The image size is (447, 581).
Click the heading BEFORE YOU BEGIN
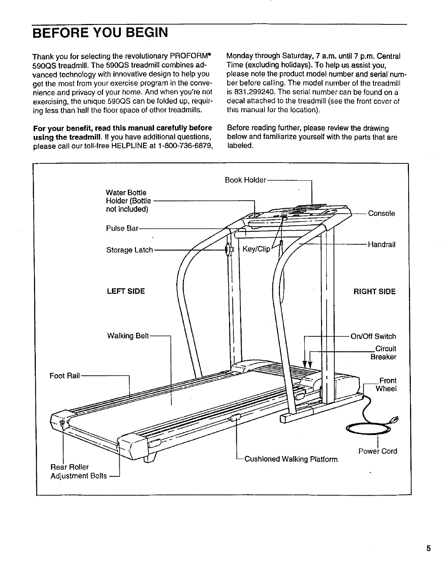pyautogui.click(x=100, y=33)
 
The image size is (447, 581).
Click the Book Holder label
pyautogui.click(x=245, y=180)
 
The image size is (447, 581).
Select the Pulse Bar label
pyautogui.click(x=122, y=228)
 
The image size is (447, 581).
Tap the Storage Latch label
pyautogui.click(x=129, y=250)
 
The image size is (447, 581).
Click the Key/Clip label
pyautogui.click(x=256, y=249)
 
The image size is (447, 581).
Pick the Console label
pyautogui.click(x=381, y=213)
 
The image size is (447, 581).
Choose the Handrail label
pyautogui.click(x=381, y=244)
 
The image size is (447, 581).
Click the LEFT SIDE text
pyautogui.click(x=126, y=291)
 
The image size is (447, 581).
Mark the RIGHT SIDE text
pyautogui.click(x=374, y=292)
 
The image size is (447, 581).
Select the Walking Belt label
pyautogui.click(x=127, y=336)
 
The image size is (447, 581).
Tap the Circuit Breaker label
pyautogui.click(x=384, y=353)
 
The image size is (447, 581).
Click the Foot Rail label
pyautogui.click(x=65, y=376)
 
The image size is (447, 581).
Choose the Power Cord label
pyautogui.click(x=378, y=451)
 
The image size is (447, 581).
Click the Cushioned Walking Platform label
pyautogui.click(x=291, y=459)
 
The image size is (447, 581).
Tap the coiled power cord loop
pyautogui.click(x=368, y=429)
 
